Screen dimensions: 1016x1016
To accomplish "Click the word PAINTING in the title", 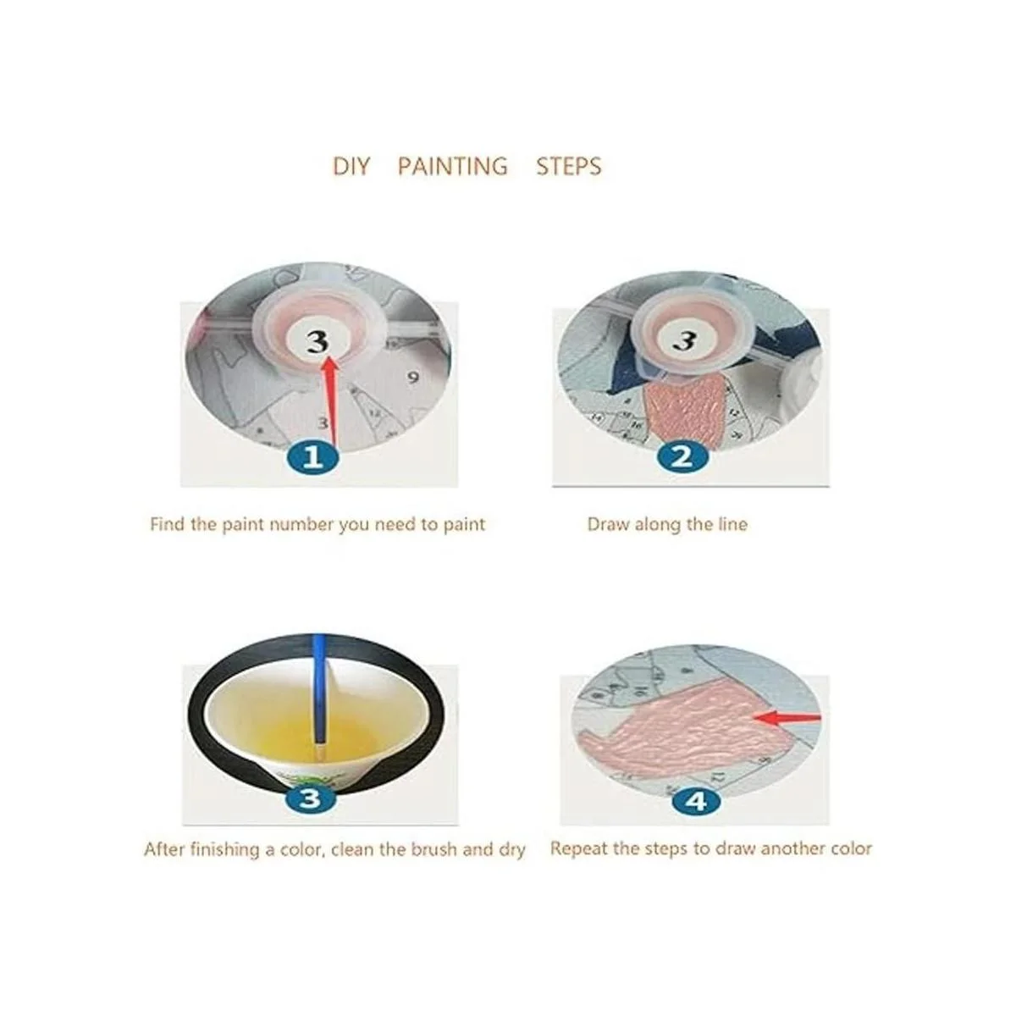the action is (x=452, y=166).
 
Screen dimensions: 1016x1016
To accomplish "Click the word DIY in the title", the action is (x=351, y=166).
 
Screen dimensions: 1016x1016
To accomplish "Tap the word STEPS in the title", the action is (x=568, y=166).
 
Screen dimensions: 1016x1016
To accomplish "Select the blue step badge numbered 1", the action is (x=313, y=456).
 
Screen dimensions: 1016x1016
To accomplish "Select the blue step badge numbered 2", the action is (x=682, y=456).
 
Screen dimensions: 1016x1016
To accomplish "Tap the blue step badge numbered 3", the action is (x=310, y=798).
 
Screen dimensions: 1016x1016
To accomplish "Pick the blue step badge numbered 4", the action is (x=697, y=801).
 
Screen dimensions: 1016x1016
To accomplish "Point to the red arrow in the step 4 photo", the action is (x=787, y=717).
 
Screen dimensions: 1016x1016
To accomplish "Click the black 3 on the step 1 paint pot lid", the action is (x=318, y=341).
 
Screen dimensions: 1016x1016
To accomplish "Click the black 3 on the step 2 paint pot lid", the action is (x=684, y=340).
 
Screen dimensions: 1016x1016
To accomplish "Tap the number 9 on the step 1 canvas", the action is (x=413, y=378).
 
